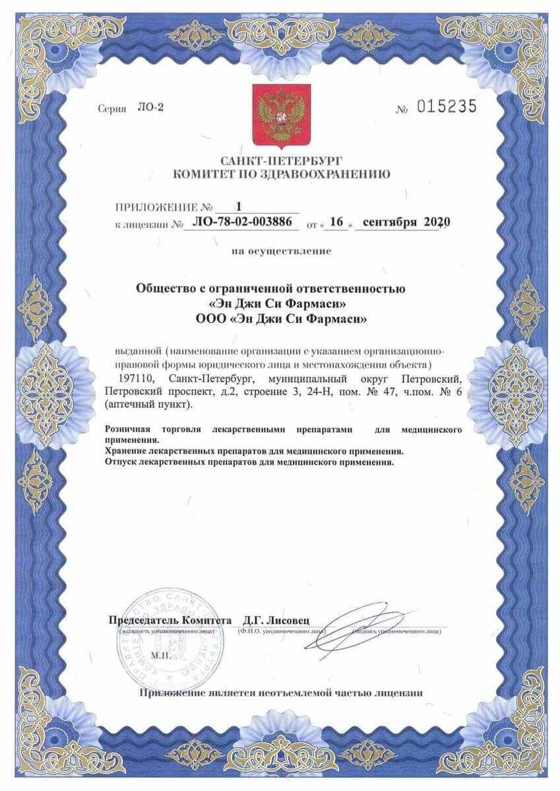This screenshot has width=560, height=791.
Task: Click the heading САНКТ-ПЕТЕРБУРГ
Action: (x=281, y=161)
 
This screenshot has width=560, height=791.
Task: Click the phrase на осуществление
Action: (x=281, y=250)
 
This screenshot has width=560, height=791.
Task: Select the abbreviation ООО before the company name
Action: (x=210, y=319)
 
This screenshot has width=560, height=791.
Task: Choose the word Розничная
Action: (x=128, y=429)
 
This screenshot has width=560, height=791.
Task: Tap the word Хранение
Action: (x=125, y=451)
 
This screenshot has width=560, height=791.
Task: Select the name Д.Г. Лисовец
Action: (x=280, y=620)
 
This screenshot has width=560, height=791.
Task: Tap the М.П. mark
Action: (x=160, y=656)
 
